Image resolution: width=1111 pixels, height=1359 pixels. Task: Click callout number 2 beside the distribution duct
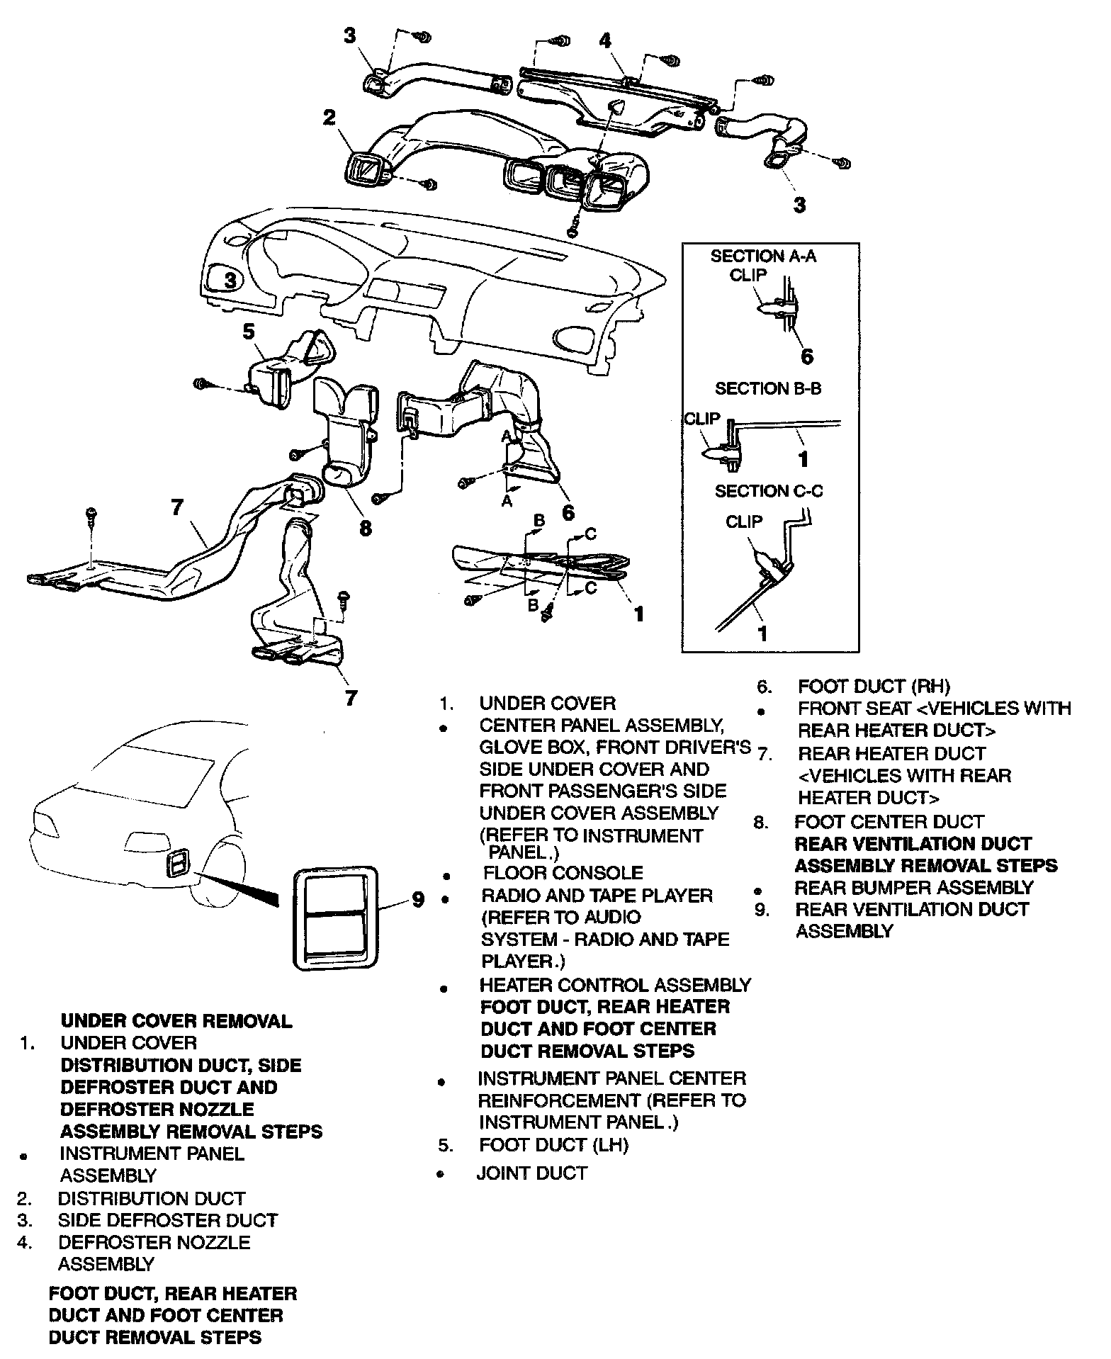pos(329,118)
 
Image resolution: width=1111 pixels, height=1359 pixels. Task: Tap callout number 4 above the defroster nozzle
pos(604,41)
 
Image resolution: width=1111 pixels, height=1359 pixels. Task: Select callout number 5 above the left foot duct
pos(249,332)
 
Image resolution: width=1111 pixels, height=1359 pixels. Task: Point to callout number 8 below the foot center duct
pos(366,528)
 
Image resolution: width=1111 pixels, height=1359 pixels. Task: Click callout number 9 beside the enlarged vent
pos(418,900)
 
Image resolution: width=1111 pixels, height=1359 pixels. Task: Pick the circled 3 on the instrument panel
pos(230,281)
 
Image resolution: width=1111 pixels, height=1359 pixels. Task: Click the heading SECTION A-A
pos(763,256)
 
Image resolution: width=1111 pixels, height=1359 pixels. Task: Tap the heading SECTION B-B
pos(768,389)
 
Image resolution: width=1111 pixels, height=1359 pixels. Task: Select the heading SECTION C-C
pos(769,491)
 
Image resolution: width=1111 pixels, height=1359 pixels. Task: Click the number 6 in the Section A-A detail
pos(807,356)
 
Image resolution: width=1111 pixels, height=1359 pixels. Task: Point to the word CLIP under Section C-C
pos(744,522)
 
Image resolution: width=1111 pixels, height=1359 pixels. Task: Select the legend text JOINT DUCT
pos(532,1174)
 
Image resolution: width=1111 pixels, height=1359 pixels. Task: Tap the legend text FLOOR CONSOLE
pos(563,873)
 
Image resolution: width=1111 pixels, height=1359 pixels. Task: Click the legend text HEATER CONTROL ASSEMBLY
pos(615,985)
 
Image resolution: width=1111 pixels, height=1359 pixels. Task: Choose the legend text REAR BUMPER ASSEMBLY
pos(914,888)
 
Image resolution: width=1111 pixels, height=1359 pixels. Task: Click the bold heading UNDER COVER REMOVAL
pos(176,1021)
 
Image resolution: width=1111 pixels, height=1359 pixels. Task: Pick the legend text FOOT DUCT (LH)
pos(554,1145)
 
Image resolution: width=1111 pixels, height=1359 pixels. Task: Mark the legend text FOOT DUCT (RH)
pos(874,687)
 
